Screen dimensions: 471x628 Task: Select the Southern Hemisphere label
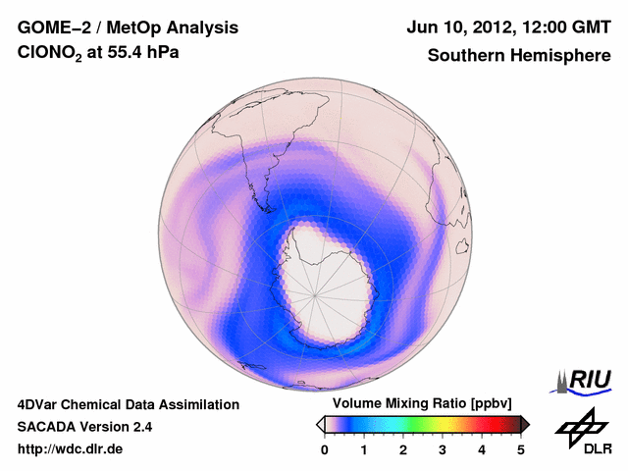pyautogui.click(x=519, y=56)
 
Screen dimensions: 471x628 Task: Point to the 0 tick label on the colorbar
pyautogui.click(x=325, y=450)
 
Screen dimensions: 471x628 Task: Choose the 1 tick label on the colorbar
pyautogui.click(x=364, y=450)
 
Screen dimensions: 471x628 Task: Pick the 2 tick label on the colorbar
pyautogui.click(x=403, y=450)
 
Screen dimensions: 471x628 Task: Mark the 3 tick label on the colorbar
pyautogui.click(x=443, y=450)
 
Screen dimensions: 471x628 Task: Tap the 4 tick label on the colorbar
pyautogui.click(x=482, y=450)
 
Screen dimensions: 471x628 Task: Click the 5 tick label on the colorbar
pyautogui.click(x=521, y=450)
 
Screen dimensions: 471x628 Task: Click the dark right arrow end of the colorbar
pyautogui.click(x=526, y=424)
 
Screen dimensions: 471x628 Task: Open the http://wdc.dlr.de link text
pyautogui.click(x=71, y=449)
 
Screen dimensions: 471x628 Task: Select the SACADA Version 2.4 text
pyautogui.click(x=84, y=427)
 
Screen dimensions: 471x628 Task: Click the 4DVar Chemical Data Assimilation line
pyautogui.click(x=128, y=404)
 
